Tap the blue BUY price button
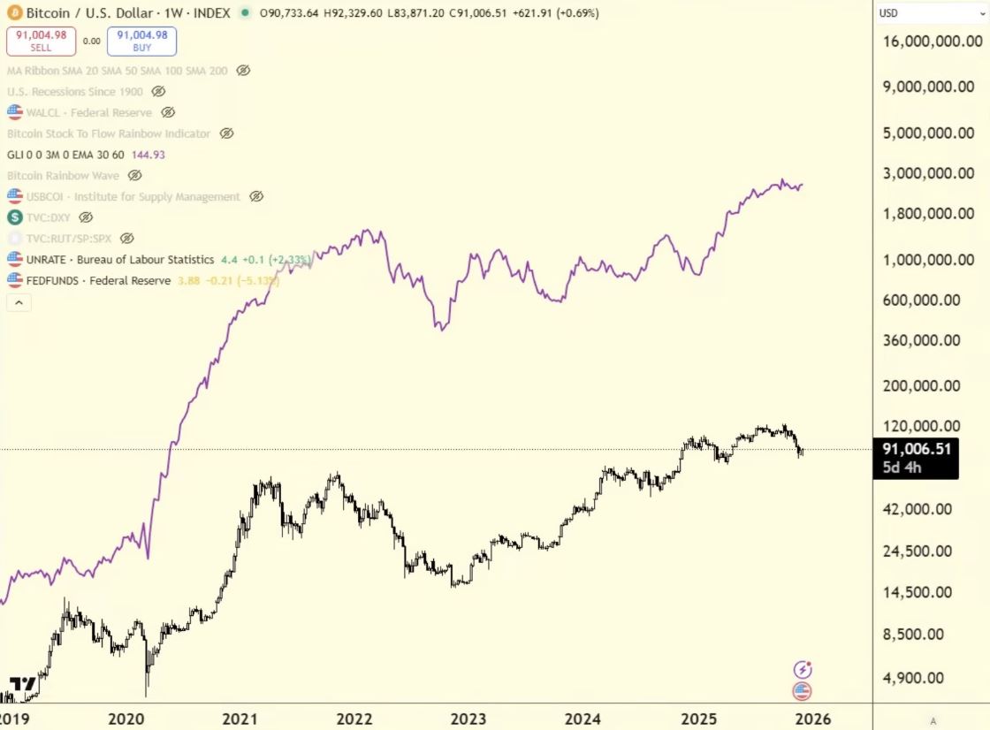141,41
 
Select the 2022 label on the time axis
355,719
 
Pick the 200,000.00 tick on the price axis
921,385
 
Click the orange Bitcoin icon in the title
14,13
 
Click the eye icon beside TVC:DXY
86,217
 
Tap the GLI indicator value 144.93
147,155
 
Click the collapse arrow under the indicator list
18,302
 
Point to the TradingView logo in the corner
24,685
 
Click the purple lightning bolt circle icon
803,669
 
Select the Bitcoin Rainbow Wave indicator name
63,176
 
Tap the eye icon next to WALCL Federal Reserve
168,113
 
